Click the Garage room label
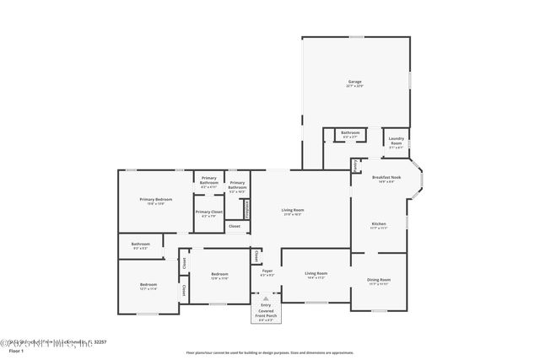click(354, 83)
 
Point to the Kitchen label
click(379, 224)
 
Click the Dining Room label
click(379, 280)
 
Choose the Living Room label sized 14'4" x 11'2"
click(316, 274)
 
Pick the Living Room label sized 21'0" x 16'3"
click(292, 210)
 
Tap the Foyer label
click(267, 271)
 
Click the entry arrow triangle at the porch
click(266, 298)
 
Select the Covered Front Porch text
click(266, 313)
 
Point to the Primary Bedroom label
click(156, 200)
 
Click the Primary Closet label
click(208, 212)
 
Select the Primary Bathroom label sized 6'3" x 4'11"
click(209, 180)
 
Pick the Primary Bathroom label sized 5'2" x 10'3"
click(237, 185)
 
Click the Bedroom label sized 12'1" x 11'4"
click(148, 285)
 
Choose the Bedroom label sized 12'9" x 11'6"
click(219, 275)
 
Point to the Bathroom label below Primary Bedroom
click(140, 244)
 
